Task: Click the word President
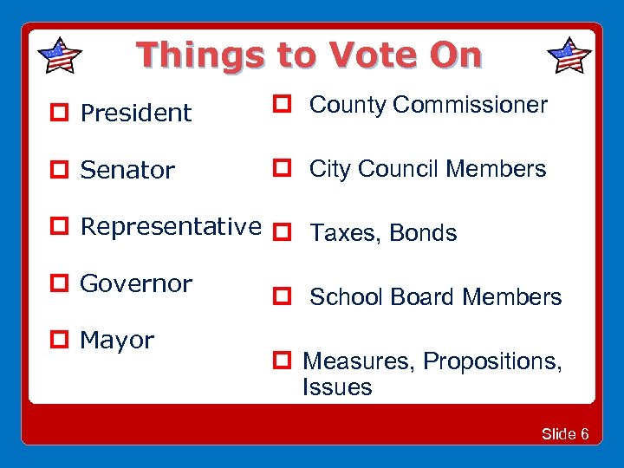tap(135, 113)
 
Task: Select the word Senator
tap(127, 170)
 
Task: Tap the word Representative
tap(170, 227)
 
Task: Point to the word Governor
tap(135, 283)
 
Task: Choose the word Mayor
tap(116, 341)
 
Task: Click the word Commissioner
tap(470, 105)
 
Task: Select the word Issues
tap(337, 387)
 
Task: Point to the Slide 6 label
tap(564, 434)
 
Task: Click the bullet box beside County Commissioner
tap(282, 105)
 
